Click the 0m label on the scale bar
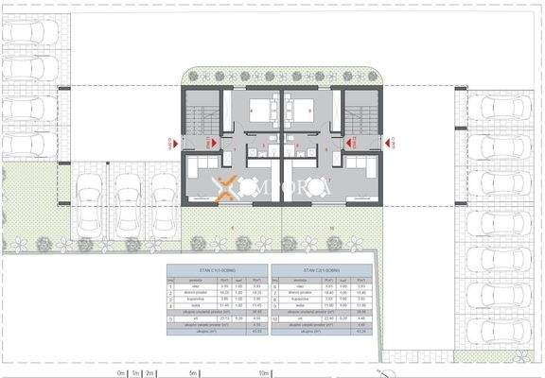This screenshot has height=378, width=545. coord(121,373)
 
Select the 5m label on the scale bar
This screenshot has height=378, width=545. coord(194,373)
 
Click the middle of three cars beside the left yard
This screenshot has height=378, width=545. coord(128,199)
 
